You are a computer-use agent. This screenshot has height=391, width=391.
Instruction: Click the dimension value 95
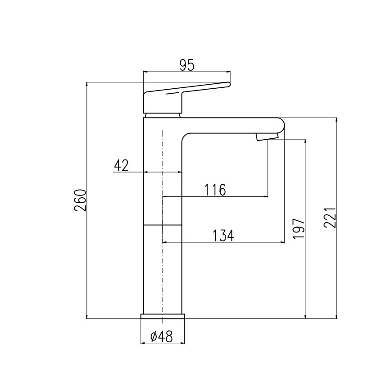click(x=186, y=65)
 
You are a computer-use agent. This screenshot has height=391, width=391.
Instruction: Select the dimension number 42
click(x=121, y=166)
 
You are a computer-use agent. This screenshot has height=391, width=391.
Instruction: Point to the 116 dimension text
click(x=214, y=190)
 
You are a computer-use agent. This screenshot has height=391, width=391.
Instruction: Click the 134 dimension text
click(x=223, y=236)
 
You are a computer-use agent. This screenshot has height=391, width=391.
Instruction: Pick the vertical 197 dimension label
click(x=299, y=229)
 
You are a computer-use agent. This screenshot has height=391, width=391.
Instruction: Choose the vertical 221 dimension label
click(x=330, y=218)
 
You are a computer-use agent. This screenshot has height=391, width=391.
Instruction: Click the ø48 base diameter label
click(x=162, y=336)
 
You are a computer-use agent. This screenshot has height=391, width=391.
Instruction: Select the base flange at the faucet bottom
click(x=163, y=316)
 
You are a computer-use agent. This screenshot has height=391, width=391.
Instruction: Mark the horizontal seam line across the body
click(x=163, y=224)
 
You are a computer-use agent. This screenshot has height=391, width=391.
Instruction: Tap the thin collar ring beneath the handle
click(x=163, y=115)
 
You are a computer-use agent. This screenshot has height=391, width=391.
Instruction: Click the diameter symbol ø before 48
click(x=153, y=337)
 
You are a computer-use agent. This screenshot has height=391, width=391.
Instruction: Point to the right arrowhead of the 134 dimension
click(x=282, y=242)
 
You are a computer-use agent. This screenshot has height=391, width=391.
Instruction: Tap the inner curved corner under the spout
click(x=186, y=137)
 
